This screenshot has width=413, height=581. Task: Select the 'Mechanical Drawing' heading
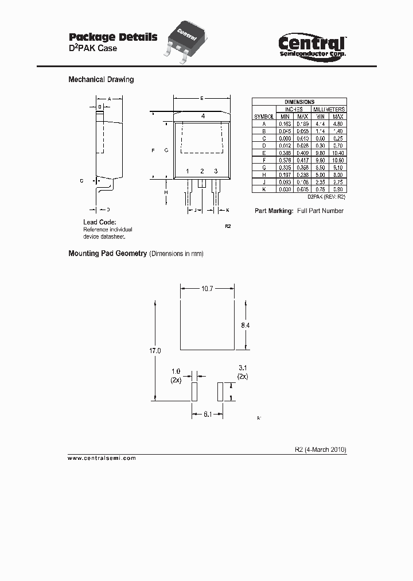(x=101, y=80)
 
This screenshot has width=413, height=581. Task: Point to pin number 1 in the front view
(x=187, y=171)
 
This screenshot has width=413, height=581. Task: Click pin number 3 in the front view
(x=216, y=171)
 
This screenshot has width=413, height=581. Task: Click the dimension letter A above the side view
(x=109, y=98)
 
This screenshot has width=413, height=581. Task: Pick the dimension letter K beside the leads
(x=227, y=211)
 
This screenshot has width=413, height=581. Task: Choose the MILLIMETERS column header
(x=329, y=109)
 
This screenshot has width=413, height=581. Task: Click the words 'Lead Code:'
(x=100, y=222)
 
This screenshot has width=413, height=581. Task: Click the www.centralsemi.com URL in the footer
(x=102, y=458)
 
